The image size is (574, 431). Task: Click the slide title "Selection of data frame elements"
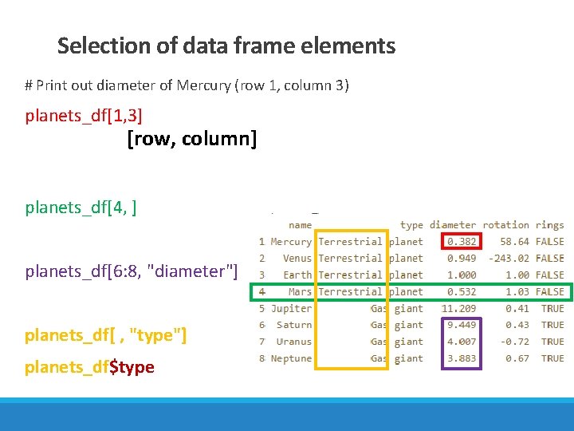pos(226,46)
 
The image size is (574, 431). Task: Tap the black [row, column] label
pos(191,140)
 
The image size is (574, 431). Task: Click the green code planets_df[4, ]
pos(81,208)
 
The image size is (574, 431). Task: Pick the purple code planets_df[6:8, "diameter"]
pos(132,271)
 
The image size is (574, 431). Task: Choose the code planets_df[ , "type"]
pos(106,336)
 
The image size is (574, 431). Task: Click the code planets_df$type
pos(89,367)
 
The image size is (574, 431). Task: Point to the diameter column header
pos(453,225)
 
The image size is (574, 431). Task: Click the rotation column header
pos(505,225)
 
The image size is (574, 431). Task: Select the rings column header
pos(550,225)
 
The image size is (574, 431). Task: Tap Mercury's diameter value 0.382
pos(462,242)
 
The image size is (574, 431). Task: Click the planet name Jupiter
pos(291,309)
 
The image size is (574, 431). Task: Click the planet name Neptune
pos(291,359)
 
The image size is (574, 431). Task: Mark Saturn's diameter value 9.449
pos(462,326)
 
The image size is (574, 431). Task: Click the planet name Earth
pos(297,275)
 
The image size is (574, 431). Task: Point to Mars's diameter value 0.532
pos(462,292)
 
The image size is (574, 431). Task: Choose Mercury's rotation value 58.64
pos(514,242)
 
